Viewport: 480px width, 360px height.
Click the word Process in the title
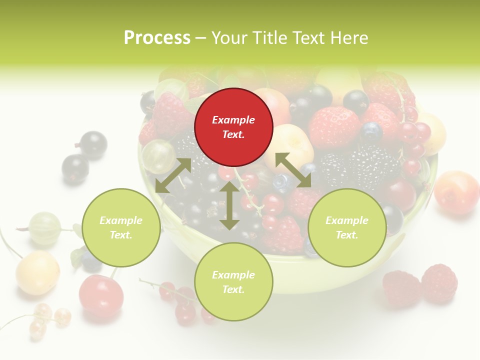(x=157, y=38)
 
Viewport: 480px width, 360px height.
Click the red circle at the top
(x=233, y=127)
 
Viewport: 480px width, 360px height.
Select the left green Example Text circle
(x=121, y=227)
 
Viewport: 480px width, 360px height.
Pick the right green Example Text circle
(x=347, y=227)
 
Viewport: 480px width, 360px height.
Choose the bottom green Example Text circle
(x=233, y=282)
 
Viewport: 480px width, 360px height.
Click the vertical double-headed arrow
(x=229, y=205)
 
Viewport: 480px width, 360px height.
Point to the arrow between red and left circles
(x=173, y=175)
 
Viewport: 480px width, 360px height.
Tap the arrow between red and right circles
(x=293, y=170)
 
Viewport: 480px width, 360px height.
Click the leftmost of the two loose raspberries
(x=401, y=288)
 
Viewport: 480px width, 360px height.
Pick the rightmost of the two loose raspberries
(x=439, y=283)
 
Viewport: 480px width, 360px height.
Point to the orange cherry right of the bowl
(x=456, y=192)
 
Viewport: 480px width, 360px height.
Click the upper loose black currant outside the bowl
(x=93, y=144)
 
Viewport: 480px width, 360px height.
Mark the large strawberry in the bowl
(x=334, y=127)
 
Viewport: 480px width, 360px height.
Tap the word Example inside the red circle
(x=233, y=120)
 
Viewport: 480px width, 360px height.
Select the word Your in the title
(x=230, y=38)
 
